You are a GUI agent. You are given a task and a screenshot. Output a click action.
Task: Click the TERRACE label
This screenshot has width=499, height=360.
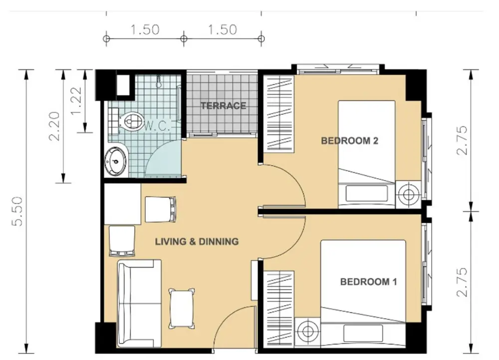[223, 106]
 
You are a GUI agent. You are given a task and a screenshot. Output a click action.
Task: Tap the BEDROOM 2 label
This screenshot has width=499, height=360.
[349, 141]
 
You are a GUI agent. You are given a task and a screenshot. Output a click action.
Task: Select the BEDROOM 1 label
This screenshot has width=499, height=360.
[369, 282]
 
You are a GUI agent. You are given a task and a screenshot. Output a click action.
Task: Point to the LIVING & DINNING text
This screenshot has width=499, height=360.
[197, 242]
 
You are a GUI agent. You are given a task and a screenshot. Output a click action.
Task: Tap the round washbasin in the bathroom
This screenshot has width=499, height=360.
[116, 161]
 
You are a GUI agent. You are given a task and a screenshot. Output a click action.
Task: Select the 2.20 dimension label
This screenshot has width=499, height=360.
[54, 126]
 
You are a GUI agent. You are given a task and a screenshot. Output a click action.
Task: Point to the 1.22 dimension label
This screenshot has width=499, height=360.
[76, 101]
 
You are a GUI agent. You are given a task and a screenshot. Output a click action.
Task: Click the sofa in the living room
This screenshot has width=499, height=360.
[139, 304]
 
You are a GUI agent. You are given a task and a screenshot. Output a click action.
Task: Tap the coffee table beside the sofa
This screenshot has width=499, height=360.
[182, 308]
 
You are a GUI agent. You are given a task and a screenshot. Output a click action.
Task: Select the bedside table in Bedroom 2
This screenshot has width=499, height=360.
[408, 195]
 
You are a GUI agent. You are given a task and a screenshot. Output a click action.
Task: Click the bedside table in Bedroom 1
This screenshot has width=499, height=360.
[307, 332]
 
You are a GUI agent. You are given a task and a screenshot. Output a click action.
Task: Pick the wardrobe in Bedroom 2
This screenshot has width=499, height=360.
[277, 114]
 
